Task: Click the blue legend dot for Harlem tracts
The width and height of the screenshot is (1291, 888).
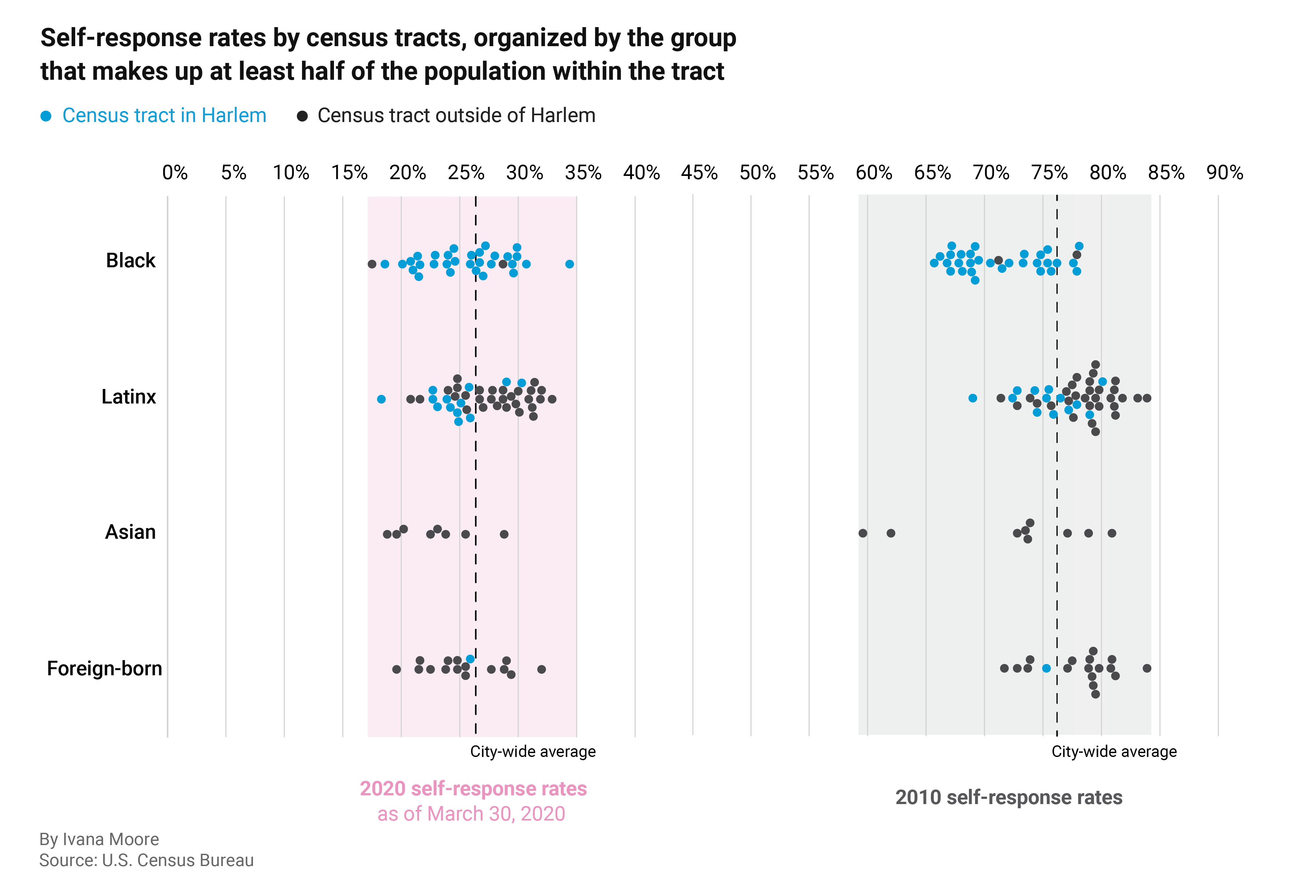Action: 46,116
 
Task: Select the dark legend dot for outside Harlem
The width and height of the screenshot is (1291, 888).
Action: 302,116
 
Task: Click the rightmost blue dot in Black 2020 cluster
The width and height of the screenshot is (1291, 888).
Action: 569,264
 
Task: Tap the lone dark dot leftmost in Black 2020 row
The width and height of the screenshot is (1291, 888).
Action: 372,264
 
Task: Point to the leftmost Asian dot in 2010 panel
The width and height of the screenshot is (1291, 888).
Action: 862,533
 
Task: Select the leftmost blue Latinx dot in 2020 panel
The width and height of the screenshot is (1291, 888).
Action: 381,399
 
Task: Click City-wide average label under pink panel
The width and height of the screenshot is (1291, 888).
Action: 532,752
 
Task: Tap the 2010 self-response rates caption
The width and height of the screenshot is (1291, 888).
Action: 1008,797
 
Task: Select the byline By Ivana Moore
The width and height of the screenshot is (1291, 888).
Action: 99,839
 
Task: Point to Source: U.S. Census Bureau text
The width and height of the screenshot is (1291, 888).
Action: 146,860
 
